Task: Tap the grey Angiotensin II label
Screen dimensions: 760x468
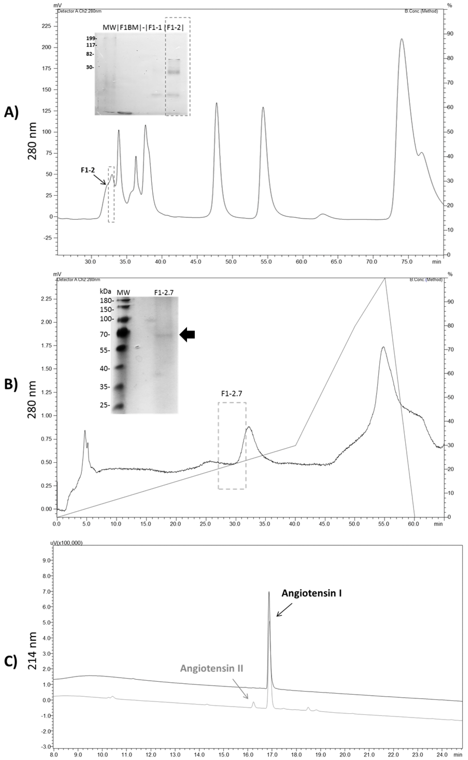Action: (x=212, y=668)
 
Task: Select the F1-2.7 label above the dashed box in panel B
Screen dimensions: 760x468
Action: (x=232, y=394)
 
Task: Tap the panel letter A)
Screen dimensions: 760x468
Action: (x=11, y=113)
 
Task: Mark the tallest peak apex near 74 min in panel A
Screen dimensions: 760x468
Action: (x=402, y=39)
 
